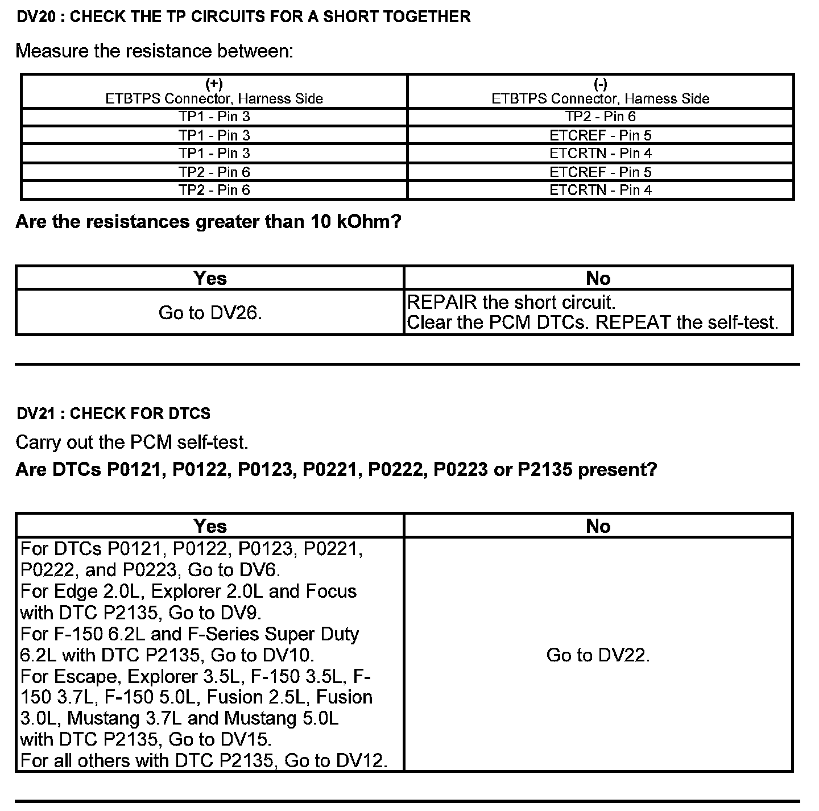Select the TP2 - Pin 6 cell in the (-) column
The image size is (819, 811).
tap(601, 117)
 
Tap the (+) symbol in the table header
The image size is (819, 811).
tap(214, 85)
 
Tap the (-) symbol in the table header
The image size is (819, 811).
tap(601, 85)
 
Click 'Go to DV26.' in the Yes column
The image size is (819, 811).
tap(210, 313)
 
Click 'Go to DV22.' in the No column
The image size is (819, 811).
tap(598, 655)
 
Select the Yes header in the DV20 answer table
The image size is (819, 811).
tap(210, 278)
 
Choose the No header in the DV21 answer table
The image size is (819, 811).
tap(598, 526)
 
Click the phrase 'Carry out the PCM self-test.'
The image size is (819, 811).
tap(132, 442)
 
